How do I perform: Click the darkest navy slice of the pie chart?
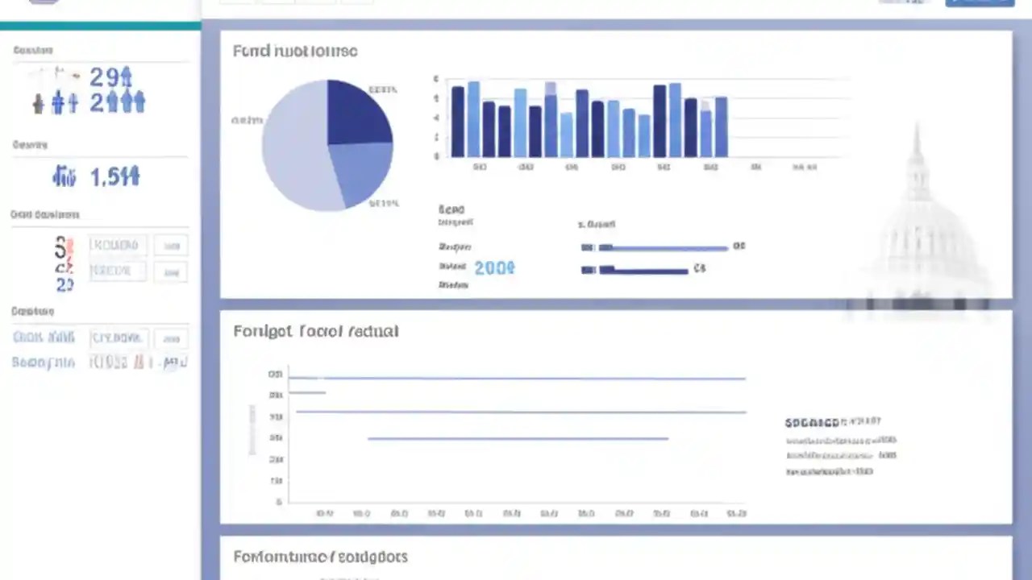tap(356, 113)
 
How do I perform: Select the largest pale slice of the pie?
tap(294, 149)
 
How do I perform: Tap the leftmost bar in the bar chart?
tap(457, 122)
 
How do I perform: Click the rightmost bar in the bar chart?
tap(721, 127)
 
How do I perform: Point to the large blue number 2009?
tap(494, 268)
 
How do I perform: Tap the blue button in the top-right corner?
tap(979, 3)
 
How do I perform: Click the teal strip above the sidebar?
tap(100, 26)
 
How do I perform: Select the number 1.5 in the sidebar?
tap(114, 176)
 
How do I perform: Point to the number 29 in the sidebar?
tap(110, 77)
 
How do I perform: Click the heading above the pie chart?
tap(295, 52)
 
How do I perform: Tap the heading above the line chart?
tap(316, 331)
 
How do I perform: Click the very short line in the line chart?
tap(307, 393)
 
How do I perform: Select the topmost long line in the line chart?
tap(516, 378)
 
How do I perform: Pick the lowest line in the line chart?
tap(518, 439)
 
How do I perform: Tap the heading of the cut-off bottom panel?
tap(320, 557)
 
